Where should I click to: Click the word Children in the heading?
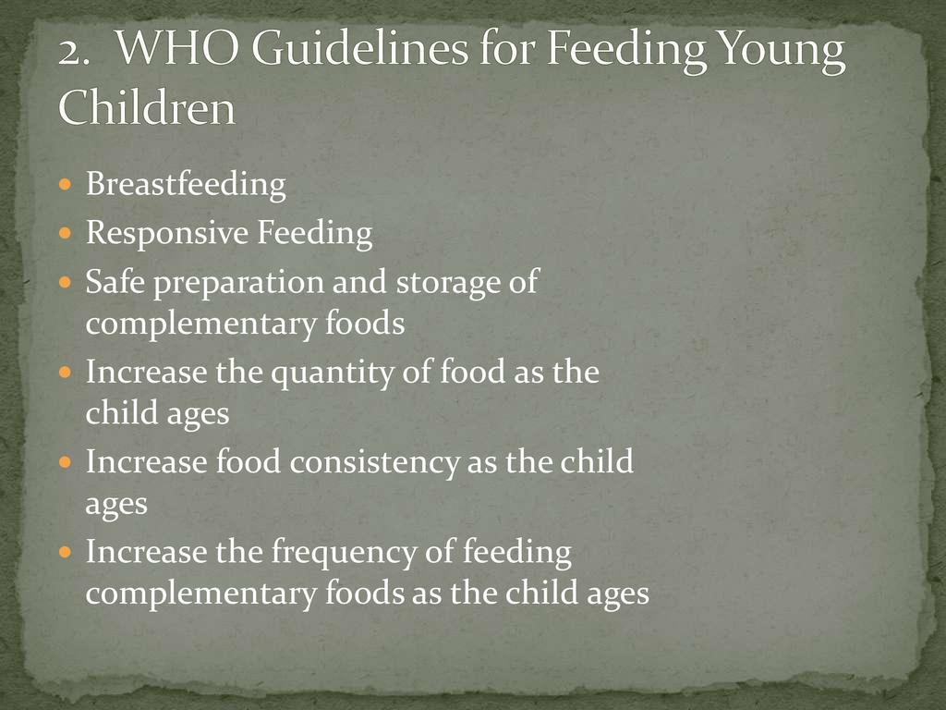(147, 106)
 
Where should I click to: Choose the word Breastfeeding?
(186, 185)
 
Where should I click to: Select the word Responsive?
(167, 234)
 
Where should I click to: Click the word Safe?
(115, 281)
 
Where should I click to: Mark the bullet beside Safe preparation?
(66, 281)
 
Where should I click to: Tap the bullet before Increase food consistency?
(66, 462)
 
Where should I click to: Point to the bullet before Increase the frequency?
(66, 551)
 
